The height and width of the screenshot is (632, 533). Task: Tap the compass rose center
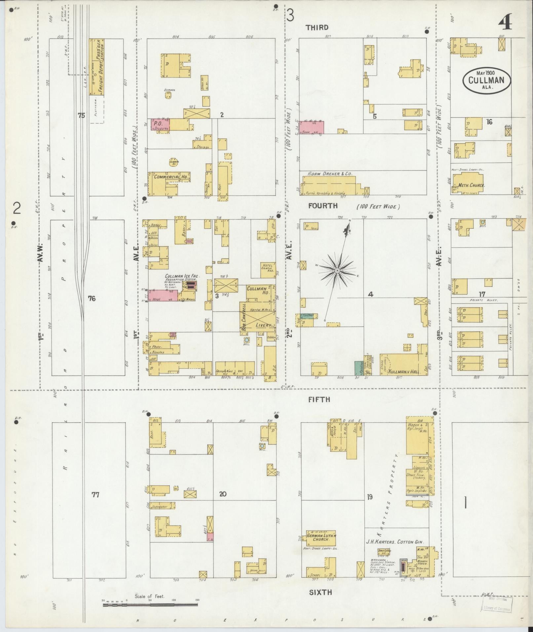tap(337, 271)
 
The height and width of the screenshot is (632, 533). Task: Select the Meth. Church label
tap(469, 186)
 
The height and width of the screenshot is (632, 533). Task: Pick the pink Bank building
tap(312, 128)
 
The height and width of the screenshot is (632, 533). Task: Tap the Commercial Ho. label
tap(171, 177)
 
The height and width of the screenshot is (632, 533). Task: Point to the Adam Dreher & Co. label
tap(325, 173)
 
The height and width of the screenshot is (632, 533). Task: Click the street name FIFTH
tap(319, 399)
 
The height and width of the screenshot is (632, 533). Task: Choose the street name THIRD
tap(317, 27)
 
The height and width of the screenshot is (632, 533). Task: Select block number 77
tap(95, 495)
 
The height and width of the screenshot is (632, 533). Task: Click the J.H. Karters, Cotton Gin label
tap(395, 542)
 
